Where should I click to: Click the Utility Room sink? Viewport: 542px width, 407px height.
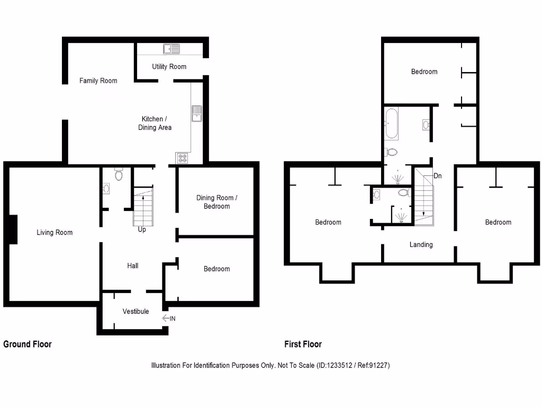[x=171, y=49]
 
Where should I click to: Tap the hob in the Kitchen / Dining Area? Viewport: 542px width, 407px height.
[x=183, y=157]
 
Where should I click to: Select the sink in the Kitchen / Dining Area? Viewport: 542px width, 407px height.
[x=197, y=113]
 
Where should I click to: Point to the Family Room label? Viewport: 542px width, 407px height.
[x=98, y=81]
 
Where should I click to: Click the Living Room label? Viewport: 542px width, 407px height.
[x=55, y=232]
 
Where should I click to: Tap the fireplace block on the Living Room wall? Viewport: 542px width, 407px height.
[x=13, y=229]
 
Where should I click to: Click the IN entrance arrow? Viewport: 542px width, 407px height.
[x=169, y=318]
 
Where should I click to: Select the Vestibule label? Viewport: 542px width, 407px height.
[x=135, y=311]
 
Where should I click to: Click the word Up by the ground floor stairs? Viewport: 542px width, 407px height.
[x=142, y=229]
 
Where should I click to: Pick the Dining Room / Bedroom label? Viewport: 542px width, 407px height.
[x=217, y=202]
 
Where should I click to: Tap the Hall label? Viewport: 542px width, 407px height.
[x=133, y=266]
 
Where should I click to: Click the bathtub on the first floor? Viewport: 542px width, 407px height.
[x=391, y=123]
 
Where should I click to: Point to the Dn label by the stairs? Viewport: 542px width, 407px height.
[x=437, y=175]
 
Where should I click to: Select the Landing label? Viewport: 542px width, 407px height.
[x=421, y=244]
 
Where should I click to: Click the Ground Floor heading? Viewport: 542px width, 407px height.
[x=28, y=344]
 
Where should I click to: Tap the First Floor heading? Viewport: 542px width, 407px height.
[x=303, y=344]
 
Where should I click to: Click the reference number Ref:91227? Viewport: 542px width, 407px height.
[x=371, y=365]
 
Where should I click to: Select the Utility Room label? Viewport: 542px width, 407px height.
[x=169, y=66]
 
